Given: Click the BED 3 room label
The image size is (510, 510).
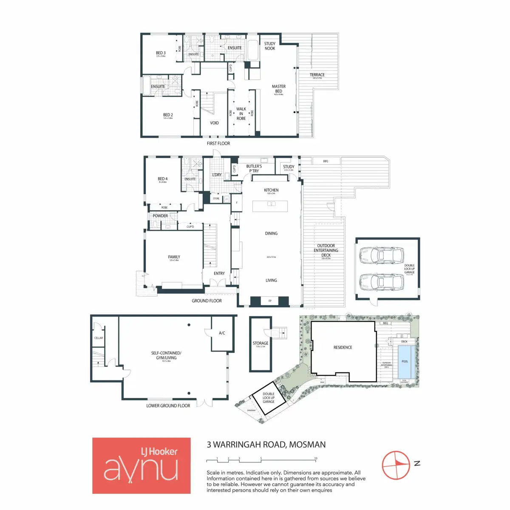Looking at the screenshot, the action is (x=161, y=53).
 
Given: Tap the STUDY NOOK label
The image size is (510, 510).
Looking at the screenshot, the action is (x=270, y=46).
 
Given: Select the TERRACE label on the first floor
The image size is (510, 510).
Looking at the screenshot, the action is (x=317, y=75).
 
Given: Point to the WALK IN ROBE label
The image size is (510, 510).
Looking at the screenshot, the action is (x=241, y=113).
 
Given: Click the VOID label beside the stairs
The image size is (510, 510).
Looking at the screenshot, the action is (x=214, y=123).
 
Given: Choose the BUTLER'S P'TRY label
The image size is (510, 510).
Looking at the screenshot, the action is (x=254, y=168).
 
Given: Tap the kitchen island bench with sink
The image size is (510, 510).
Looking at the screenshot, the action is (x=270, y=206).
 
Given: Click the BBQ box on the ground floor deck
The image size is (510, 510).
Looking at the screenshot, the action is (x=326, y=161).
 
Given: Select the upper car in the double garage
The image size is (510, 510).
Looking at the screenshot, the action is (x=381, y=255).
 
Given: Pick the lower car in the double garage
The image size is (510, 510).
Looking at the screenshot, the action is (x=381, y=281).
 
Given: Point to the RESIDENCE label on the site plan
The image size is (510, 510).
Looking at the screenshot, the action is (x=343, y=347).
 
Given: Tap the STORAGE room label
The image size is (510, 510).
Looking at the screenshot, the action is (x=261, y=343).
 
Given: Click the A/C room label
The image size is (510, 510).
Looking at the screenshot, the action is (x=222, y=333).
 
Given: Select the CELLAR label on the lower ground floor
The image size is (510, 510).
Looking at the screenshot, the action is (x=99, y=338).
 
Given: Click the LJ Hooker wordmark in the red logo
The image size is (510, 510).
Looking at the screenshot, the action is (x=159, y=451).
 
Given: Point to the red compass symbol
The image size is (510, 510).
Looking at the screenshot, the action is (x=396, y=465).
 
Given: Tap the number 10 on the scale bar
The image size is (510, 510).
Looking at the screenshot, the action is (x=316, y=458).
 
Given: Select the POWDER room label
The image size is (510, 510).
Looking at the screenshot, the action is (x=160, y=216).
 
